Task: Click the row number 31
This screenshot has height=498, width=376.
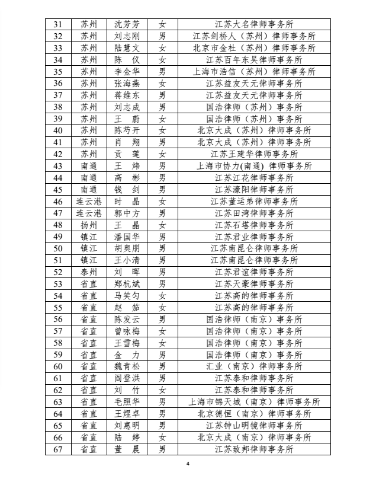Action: click(58, 24)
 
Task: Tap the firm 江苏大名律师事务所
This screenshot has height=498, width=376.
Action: click(254, 24)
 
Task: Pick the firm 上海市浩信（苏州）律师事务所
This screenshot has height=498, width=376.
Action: click(254, 72)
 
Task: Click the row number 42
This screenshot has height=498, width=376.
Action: click(58, 154)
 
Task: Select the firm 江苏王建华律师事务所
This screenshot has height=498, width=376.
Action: click(254, 154)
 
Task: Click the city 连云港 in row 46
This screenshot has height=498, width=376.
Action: click(89, 202)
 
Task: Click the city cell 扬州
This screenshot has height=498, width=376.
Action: click(89, 225)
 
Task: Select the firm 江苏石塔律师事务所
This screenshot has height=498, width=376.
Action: click(254, 225)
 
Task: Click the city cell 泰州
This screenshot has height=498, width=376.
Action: click(89, 272)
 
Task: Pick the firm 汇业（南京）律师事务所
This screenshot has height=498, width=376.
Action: click(254, 366)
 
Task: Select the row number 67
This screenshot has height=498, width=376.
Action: click(58, 449)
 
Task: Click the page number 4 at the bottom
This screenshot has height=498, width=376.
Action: click(188, 462)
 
